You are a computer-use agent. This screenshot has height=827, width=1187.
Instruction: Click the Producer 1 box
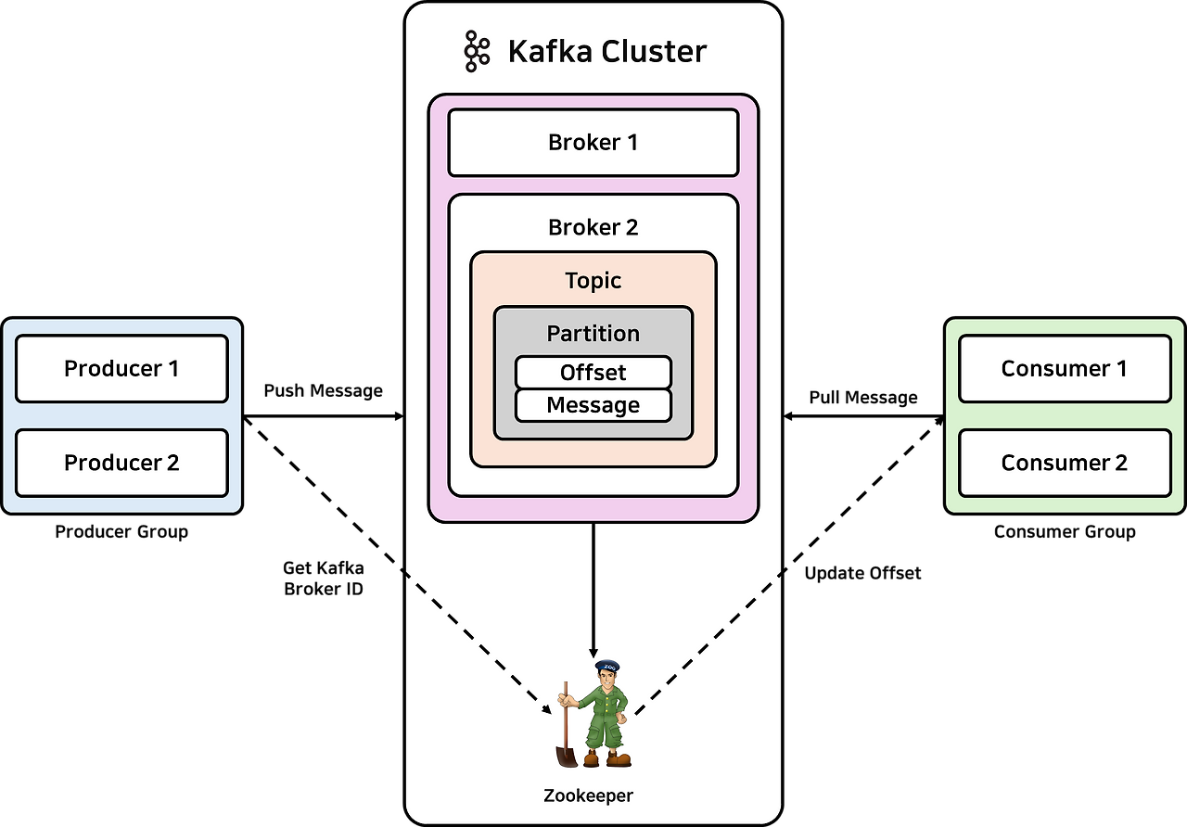click(x=121, y=369)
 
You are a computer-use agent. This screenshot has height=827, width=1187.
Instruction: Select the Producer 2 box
click(x=121, y=463)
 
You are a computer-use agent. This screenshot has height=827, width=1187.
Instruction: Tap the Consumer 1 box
click(x=1065, y=369)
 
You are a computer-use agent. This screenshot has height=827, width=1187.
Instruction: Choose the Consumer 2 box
click(x=1065, y=463)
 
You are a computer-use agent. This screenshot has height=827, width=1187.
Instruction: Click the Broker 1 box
click(x=593, y=143)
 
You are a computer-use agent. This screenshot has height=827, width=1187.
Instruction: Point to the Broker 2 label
click(x=593, y=228)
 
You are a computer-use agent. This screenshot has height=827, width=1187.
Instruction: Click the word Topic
click(x=593, y=281)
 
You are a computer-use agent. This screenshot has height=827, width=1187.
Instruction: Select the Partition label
click(x=593, y=334)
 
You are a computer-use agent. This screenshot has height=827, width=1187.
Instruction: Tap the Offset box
click(x=593, y=373)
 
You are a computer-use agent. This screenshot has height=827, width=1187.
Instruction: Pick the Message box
click(x=593, y=405)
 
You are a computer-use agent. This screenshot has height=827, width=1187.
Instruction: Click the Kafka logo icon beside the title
click(x=476, y=51)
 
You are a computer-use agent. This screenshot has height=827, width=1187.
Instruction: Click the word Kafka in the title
click(x=548, y=51)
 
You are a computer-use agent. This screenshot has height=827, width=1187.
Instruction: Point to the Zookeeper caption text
click(x=588, y=795)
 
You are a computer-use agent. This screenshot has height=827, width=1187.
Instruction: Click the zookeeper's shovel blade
click(x=566, y=756)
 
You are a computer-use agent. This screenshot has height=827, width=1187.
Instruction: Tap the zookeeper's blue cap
click(x=606, y=666)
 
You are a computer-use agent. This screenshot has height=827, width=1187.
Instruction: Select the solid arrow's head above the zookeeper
click(x=593, y=653)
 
